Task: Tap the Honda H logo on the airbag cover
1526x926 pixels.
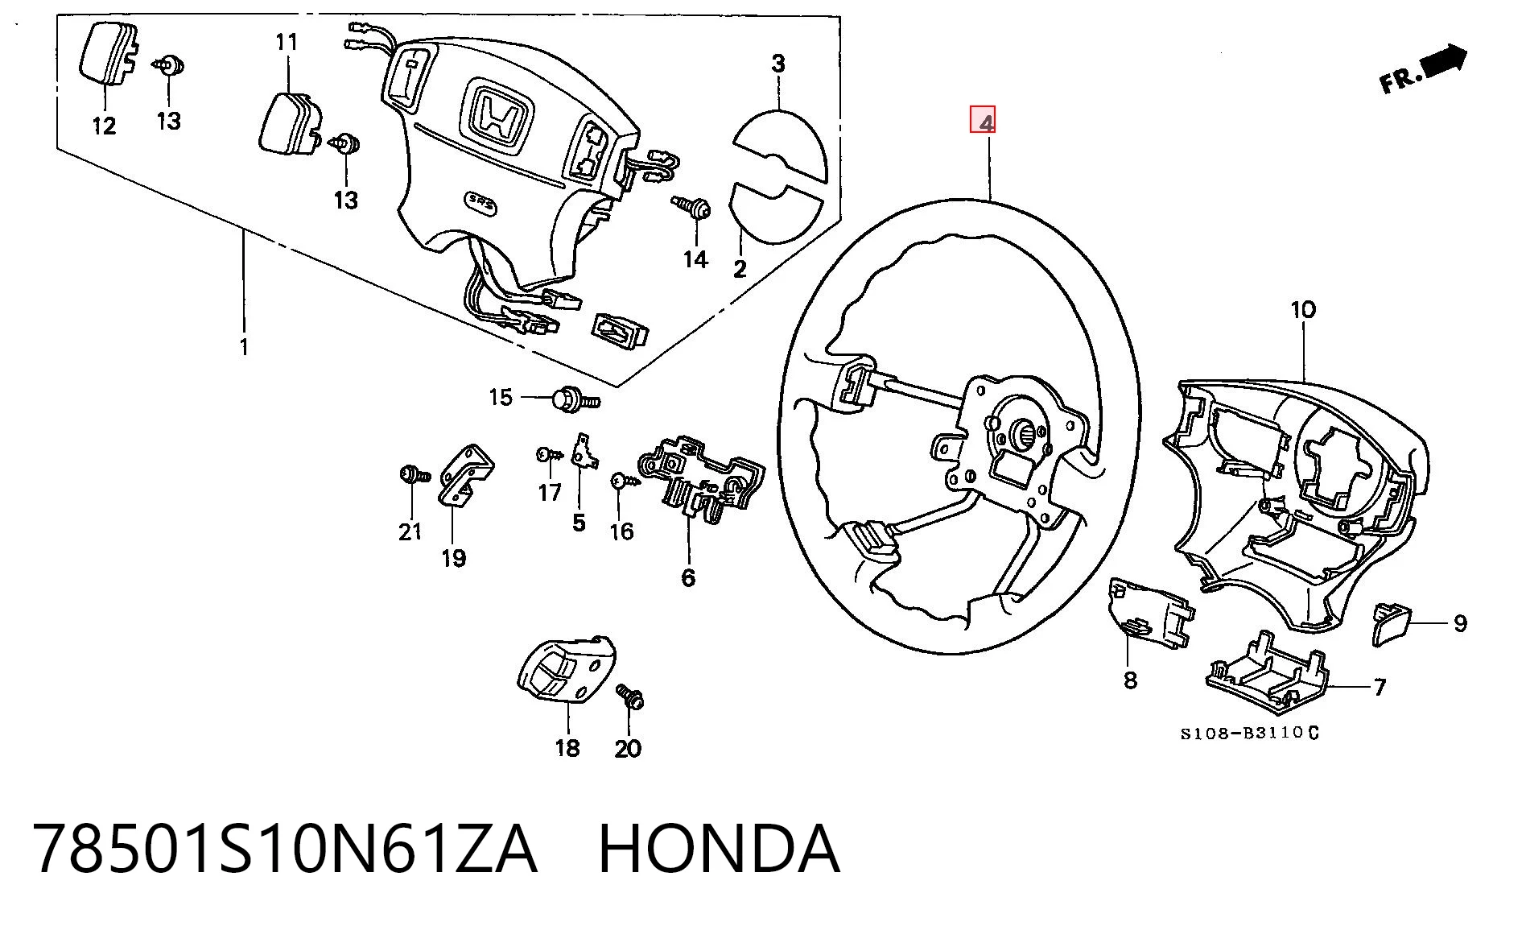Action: [x=497, y=117]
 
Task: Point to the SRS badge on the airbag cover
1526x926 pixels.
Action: [x=482, y=204]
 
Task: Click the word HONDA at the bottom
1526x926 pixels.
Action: [x=720, y=849]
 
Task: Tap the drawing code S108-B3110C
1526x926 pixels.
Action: [x=1249, y=733]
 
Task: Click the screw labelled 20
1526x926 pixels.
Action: [x=630, y=697]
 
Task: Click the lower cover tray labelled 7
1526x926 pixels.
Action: [x=1265, y=672]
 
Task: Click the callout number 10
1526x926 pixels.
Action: [x=1302, y=309]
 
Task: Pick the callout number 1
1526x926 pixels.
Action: [x=243, y=347]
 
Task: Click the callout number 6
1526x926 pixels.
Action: [x=688, y=577]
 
